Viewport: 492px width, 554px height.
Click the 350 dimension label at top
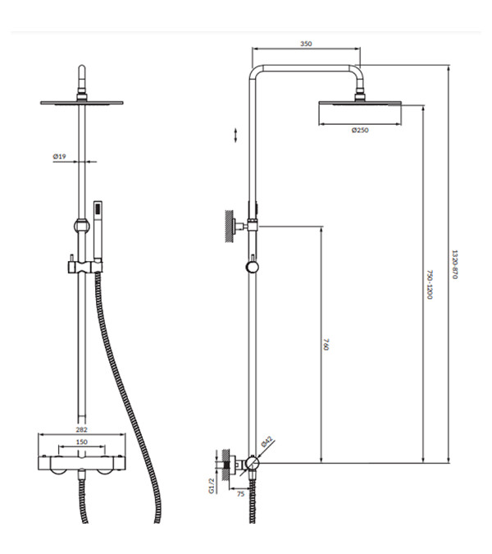[306, 43]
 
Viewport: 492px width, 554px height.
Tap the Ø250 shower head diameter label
[360, 130]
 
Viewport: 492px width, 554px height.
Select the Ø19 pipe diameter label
[59, 156]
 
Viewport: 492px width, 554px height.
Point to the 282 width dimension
[81, 429]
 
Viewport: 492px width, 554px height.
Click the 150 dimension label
[81, 442]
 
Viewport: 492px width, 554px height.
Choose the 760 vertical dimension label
[326, 345]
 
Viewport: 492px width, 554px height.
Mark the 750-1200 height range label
[430, 285]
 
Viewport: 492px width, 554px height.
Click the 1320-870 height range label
[454, 264]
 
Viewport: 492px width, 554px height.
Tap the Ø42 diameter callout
[267, 442]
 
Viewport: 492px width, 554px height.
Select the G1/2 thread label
[212, 486]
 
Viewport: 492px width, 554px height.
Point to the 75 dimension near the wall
[241, 494]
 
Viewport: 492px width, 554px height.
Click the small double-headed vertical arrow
[236, 135]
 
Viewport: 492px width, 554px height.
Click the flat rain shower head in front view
[81, 103]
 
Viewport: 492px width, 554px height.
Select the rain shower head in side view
[360, 103]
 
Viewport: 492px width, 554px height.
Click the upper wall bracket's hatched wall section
[230, 227]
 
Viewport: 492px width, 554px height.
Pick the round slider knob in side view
[252, 267]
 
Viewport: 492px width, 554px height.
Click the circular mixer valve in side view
[253, 463]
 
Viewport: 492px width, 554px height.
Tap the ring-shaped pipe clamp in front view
[81, 226]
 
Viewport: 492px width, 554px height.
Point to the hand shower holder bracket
[85, 267]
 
